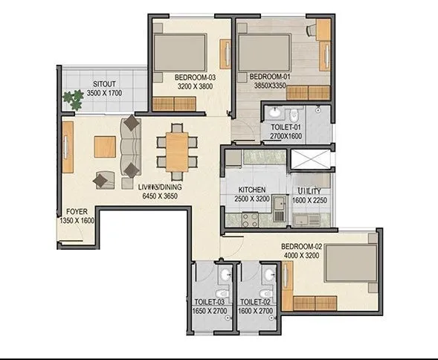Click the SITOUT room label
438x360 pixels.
103,83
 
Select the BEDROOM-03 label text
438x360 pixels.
194,77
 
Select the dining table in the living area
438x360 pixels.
176,148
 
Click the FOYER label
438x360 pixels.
76,210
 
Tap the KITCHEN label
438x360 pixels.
253,190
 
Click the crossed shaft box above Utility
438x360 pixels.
311,158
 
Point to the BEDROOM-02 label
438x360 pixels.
300,246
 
